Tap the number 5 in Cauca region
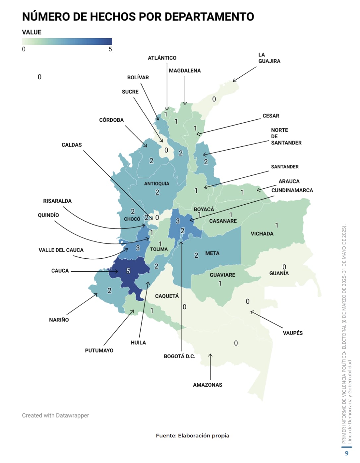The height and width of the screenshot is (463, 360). click(128, 271)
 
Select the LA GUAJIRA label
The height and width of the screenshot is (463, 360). click(269, 58)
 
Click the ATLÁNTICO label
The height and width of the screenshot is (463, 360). click(162, 58)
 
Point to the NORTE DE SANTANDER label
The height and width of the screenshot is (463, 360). click(286, 136)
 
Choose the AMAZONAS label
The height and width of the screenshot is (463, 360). click(208, 385)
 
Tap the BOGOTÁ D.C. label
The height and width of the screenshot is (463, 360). click(179, 356)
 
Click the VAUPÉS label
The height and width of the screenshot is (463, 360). click(292, 333)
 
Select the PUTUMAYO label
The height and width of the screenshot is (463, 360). click(99, 350)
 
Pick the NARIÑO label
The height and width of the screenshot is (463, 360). click(59, 320)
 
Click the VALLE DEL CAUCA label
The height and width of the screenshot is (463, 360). click(61, 250)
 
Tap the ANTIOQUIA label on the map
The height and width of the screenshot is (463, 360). click(156, 183)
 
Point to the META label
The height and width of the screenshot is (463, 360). click(212, 253)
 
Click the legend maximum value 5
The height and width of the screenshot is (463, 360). click(110, 49)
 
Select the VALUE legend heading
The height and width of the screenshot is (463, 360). click(32, 32)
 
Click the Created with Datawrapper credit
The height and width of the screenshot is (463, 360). click(55, 415)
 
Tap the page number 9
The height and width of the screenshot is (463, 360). click(347, 453)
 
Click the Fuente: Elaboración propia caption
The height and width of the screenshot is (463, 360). click(192, 435)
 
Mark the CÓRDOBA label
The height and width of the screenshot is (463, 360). click(111, 120)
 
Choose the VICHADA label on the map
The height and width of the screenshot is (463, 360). click(262, 233)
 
